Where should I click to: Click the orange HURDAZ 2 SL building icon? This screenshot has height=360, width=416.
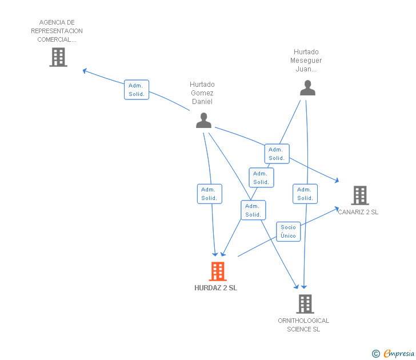click(x=217, y=271)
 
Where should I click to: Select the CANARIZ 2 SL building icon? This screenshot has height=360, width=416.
click(x=359, y=195)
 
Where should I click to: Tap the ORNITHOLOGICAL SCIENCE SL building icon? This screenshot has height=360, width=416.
click(x=305, y=304)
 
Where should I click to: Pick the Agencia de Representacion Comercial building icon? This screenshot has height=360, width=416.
click(x=58, y=57)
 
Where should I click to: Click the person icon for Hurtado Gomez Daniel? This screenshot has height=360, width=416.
click(x=203, y=120)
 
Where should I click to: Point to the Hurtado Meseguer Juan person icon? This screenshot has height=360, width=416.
click(x=307, y=88)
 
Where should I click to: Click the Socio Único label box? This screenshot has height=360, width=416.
click(x=289, y=231)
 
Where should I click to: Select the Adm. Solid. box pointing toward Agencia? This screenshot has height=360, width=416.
click(x=137, y=90)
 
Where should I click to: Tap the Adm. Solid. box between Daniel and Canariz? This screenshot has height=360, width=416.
click(x=277, y=154)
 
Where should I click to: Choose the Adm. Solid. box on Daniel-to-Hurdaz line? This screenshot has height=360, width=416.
click(x=209, y=194)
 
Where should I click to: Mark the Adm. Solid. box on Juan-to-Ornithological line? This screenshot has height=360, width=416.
click(x=305, y=194)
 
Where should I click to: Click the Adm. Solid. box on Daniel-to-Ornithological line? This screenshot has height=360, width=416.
click(x=253, y=210)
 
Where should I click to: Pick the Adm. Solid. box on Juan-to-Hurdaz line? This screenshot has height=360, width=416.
click(x=261, y=178)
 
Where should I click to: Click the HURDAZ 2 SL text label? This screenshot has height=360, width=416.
click(x=215, y=288)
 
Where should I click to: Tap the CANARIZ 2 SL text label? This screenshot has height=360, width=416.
click(x=358, y=212)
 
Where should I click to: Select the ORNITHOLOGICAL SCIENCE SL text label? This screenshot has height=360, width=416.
click(x=303, y=325)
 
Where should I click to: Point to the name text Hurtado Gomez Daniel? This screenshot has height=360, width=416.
click(x=202, y=93)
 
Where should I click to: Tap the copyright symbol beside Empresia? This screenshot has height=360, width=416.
click(x=376, y=354)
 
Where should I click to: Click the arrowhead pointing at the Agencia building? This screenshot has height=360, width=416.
click(x=85, y=71)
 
